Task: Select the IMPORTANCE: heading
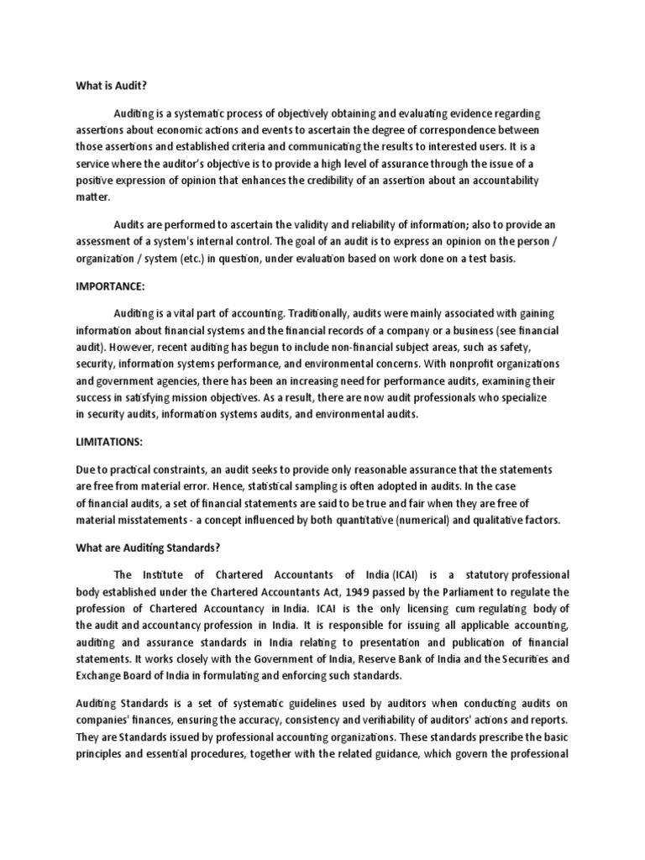110,286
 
